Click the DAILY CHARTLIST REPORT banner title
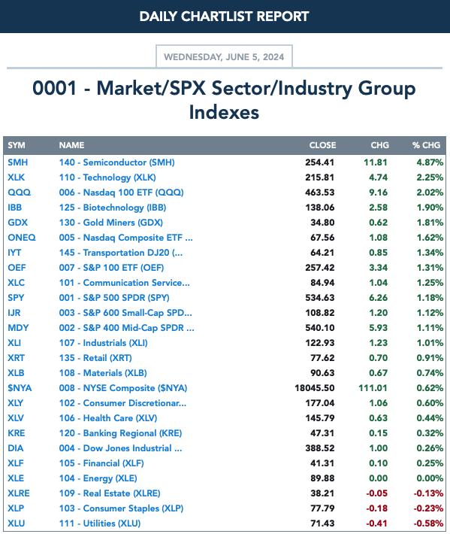point(224,17)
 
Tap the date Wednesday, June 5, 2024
point(224,57)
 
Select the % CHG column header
point(426,145)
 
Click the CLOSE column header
point(322,145)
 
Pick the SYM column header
point(17,145)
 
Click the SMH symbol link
point(18,162)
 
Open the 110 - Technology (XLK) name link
point(107,177)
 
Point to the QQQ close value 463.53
point(320,193)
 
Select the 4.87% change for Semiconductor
point(430,162)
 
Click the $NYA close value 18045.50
point(315,388)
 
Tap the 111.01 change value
point(373,388)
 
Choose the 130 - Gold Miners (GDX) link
point(111,223)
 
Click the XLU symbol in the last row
point(17,523)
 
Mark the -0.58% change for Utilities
point(428,523)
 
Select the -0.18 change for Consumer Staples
point(376,508)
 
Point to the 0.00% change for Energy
point(430,478)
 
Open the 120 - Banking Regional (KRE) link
point(120,433)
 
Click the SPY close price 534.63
point(320,298)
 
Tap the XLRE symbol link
point(19,493)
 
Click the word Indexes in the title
point(224,112)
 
